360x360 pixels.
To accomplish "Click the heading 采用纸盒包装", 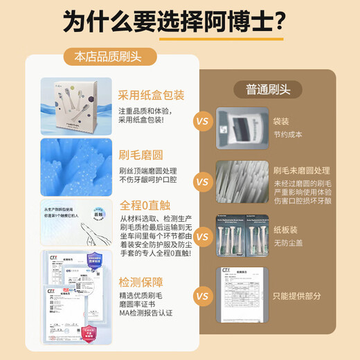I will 151,95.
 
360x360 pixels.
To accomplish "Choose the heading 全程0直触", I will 143,206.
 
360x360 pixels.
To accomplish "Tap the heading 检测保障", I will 141,282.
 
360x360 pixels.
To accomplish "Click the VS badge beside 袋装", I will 202,122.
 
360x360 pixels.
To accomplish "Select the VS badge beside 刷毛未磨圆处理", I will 202,183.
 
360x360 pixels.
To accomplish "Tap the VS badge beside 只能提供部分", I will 202,296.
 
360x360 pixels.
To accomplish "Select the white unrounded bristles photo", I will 241,182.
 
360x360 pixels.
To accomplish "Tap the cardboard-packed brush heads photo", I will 241,235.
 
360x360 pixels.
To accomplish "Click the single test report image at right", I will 240,293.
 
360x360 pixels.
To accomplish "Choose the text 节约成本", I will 287,134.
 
